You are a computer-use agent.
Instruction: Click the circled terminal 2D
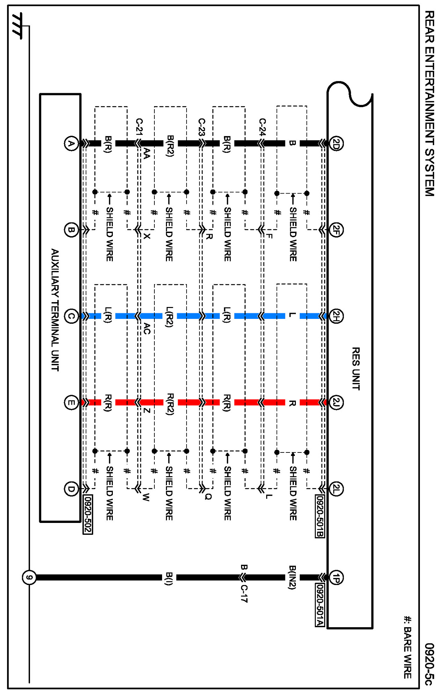pos(336,143)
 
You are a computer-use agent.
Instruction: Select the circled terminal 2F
pos(336,230)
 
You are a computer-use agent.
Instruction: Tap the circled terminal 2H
pos(336,316)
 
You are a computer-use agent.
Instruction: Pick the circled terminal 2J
pos(336,403)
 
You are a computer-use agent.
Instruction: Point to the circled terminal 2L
pos(336,489)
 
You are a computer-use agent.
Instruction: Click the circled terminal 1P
pos(336,578)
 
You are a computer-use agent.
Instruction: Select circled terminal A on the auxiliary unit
pos(71,143)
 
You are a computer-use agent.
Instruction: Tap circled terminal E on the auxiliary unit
pos(71,403)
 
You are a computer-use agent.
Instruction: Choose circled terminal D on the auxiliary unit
pos(71,489)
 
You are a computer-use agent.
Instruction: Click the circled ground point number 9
pos(29,577)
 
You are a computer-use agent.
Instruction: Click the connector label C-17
pos(244,593)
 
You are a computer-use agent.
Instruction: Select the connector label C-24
pos(262,127)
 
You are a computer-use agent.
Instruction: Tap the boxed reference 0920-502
pos(88,514)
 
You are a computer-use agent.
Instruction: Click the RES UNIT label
pos(356,368)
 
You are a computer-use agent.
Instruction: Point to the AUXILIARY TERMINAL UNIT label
pos(55,310)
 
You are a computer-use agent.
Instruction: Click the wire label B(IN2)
pos(292,577)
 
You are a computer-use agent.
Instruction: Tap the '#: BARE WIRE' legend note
pos(407,647)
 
